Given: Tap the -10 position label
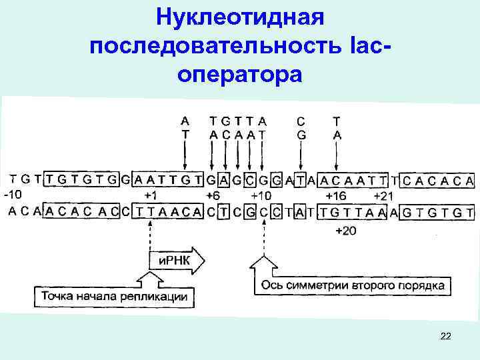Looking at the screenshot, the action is pos(14,195).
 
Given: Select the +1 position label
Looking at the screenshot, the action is pos(151,196).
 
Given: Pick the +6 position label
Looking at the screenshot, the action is pos(212,196).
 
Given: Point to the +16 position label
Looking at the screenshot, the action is pos(335,196).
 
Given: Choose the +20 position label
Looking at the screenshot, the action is pos(345,231).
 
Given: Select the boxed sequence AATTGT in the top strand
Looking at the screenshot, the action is pos(167,179).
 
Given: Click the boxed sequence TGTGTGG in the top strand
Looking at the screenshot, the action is pos(87,179).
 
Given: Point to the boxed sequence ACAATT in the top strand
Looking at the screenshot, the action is pos(354,179).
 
